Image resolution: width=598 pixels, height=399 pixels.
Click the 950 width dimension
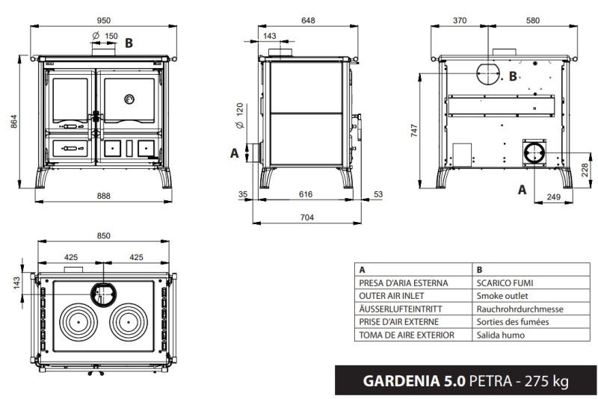pos(103,20)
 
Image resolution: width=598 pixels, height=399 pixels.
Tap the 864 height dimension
pos(14,121)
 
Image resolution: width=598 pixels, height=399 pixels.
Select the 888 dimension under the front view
pos(103,196)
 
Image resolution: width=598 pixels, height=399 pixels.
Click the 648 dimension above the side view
pos(308,20)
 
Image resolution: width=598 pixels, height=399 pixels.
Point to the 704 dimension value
pos(307,217)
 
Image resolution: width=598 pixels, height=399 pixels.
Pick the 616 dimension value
pos(306,194)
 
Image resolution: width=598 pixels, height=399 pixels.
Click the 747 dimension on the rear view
pos(415,130)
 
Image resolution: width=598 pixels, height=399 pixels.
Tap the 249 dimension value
pos(554,197)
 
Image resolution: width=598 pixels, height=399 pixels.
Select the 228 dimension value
pos(585,170)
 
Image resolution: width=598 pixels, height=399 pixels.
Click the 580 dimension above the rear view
pos(533,20)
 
